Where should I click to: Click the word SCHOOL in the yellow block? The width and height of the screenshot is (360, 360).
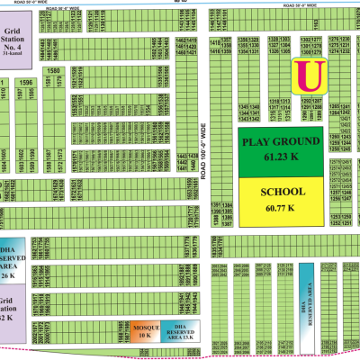pyautogui.click(x=283, y=193)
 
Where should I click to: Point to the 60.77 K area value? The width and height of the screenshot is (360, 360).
pyautogui.click(x=283, y=208)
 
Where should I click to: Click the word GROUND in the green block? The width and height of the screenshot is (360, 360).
pyautogui.click(x=299, y=142)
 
